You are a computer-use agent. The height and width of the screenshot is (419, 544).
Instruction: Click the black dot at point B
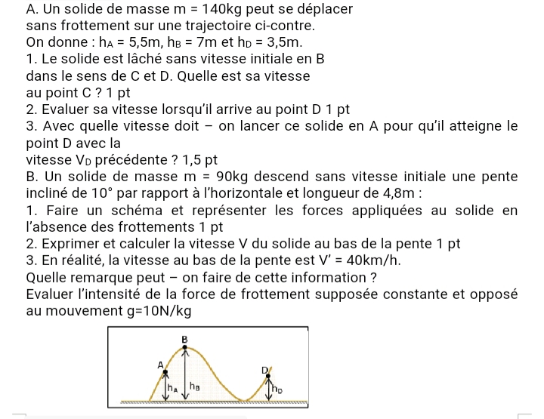184,347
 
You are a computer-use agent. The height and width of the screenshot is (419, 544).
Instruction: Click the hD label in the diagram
277,390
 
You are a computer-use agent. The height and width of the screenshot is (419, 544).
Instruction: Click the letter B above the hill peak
184,339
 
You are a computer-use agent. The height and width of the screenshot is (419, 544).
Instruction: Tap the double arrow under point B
184,374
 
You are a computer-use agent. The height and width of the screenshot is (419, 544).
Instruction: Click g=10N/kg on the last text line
160,311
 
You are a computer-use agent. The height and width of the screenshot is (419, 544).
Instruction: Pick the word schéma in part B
130,210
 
